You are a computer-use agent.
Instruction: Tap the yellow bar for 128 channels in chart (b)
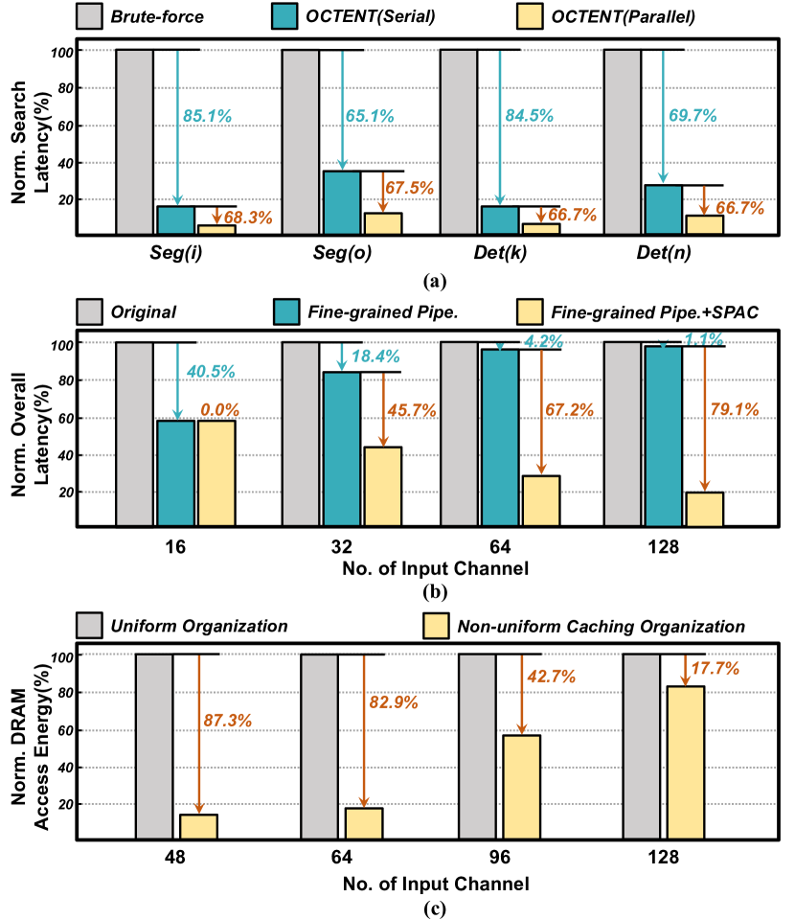tap(705, 509)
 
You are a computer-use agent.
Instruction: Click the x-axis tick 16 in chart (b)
tap(175, 548)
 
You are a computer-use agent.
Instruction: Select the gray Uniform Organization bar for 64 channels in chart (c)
tap(319, 747)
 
